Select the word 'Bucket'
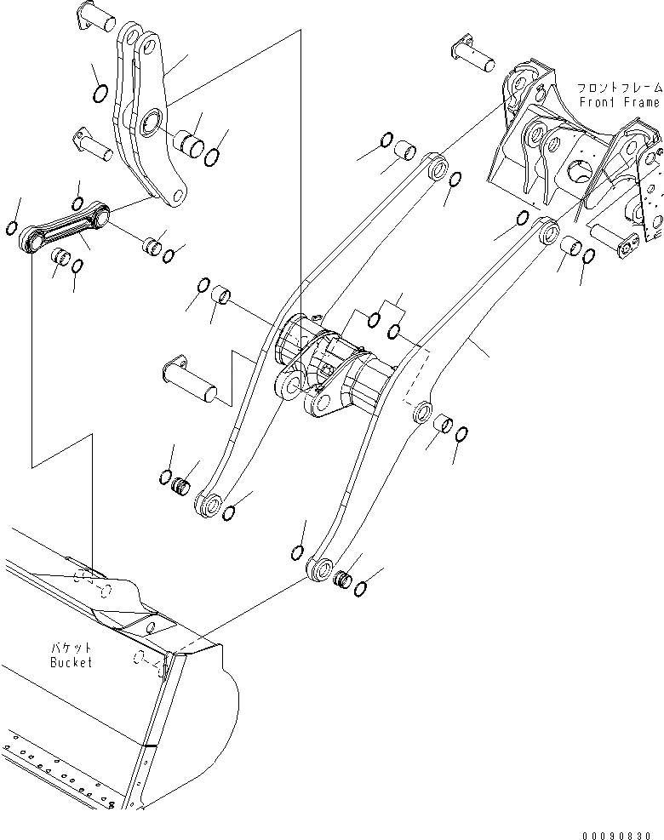(x=71, y=662)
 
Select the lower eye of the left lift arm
(x=207, y=503)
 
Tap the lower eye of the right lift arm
(x=322, y=569)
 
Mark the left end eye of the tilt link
(x=31, y=241)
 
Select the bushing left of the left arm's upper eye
(x=404, y=152)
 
